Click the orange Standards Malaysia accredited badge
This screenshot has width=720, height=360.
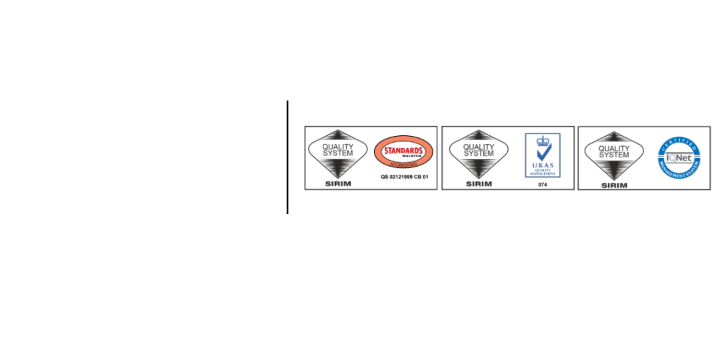tap(403, 152)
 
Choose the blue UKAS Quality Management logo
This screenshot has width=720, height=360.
tap(543, 155)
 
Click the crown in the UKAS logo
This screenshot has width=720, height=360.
tap(543, 140)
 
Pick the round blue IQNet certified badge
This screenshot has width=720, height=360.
tap(679, 158)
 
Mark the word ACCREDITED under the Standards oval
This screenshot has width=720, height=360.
tap(403, 163)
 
